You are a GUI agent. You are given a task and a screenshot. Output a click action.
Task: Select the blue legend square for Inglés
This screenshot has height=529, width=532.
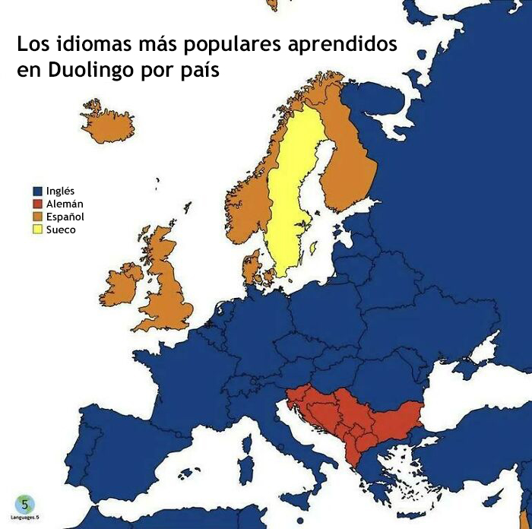[x=36, y=192]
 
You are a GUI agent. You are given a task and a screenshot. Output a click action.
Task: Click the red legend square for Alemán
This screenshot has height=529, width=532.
[x=36, y=204]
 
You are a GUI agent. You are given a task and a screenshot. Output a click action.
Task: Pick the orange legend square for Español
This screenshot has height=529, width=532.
[x=36, y=217]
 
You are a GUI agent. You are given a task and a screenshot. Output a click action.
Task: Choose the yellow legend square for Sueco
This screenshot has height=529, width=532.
[x=36, y=230]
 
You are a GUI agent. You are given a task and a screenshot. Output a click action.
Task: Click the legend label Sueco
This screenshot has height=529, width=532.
[x=61, y=230]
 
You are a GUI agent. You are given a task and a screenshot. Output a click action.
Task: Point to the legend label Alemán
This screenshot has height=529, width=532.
[x=65, y=204]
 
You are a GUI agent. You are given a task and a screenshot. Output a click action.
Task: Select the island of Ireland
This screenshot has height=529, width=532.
[x=122, y=285]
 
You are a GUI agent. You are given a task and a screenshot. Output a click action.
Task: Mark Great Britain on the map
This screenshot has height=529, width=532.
[x=167, y=289]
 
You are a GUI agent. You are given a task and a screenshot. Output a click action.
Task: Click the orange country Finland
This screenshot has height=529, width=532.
[x=350, y=167]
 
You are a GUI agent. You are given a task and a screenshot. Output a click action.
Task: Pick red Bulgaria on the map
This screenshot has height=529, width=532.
[x=395, y=422]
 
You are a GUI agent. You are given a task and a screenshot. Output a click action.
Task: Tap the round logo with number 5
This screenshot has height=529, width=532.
[x=25, y=504]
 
